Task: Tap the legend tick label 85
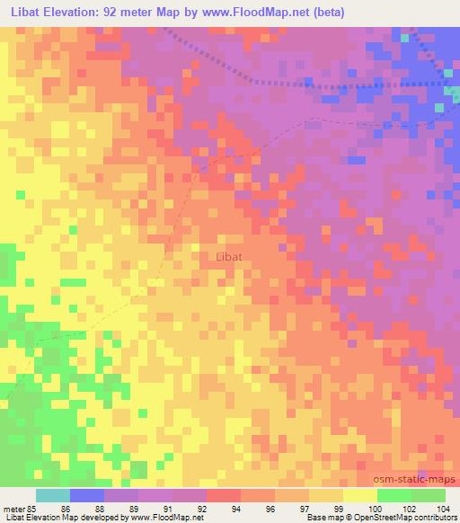[x=33, y=510]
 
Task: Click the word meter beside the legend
[x=13, y=510]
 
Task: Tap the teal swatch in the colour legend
[x=52, y=495]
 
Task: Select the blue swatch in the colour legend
[x=86, y=495]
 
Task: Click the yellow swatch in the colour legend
[x=359, y=495]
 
